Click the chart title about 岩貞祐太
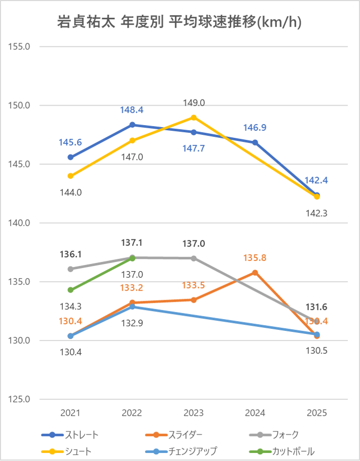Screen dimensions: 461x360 pos(180,23)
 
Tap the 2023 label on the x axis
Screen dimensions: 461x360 pos(194,413)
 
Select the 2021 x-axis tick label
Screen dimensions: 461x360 pos(70,413)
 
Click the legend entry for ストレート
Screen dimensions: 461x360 pos(70,435)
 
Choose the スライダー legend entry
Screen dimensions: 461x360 pos(174,435)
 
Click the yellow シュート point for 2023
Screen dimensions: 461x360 pos(194,117)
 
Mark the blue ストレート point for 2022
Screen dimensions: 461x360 pos(132,125)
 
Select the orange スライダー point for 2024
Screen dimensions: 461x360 pos(255,273)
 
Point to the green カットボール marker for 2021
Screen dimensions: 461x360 pos(70,290)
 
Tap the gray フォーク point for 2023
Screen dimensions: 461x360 pos(194,258)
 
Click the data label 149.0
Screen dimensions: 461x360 pos(194,103)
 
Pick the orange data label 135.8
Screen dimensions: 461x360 pos(255,258)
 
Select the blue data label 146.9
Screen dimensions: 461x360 pos(255,128)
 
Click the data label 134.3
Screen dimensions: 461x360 pos(70,306)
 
